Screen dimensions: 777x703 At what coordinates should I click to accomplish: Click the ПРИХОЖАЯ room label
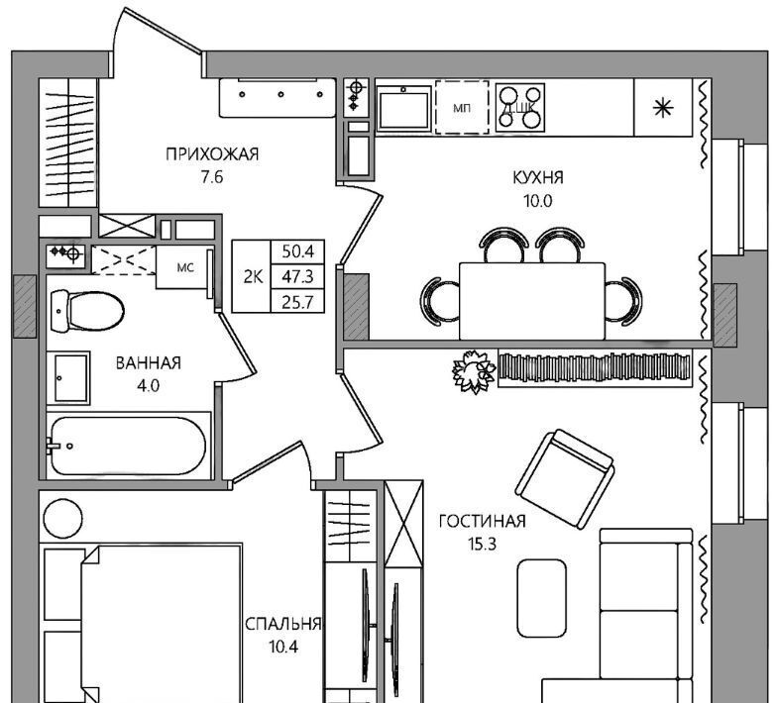click(212, 154)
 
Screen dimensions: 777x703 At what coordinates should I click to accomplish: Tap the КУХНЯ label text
click(537, 178)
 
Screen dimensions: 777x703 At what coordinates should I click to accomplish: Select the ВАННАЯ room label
click(149, 363)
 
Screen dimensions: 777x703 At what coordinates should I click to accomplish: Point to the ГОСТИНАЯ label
click(482, 521)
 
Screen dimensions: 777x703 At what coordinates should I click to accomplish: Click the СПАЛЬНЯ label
click(283, 624)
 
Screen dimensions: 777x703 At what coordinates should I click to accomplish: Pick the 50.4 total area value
click(297, 251)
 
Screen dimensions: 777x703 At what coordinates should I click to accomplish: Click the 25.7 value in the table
click(297, 301)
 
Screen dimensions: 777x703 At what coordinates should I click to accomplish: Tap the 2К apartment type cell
click(253, 277)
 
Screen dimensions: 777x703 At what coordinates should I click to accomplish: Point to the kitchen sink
click(403, 108)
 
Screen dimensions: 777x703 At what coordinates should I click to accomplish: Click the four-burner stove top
click(520, 107)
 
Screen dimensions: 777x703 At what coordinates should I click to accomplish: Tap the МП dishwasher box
click(462, 108)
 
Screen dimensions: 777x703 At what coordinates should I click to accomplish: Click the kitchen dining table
click(532, 301)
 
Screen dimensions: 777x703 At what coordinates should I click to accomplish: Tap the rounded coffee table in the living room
click(541, 598)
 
